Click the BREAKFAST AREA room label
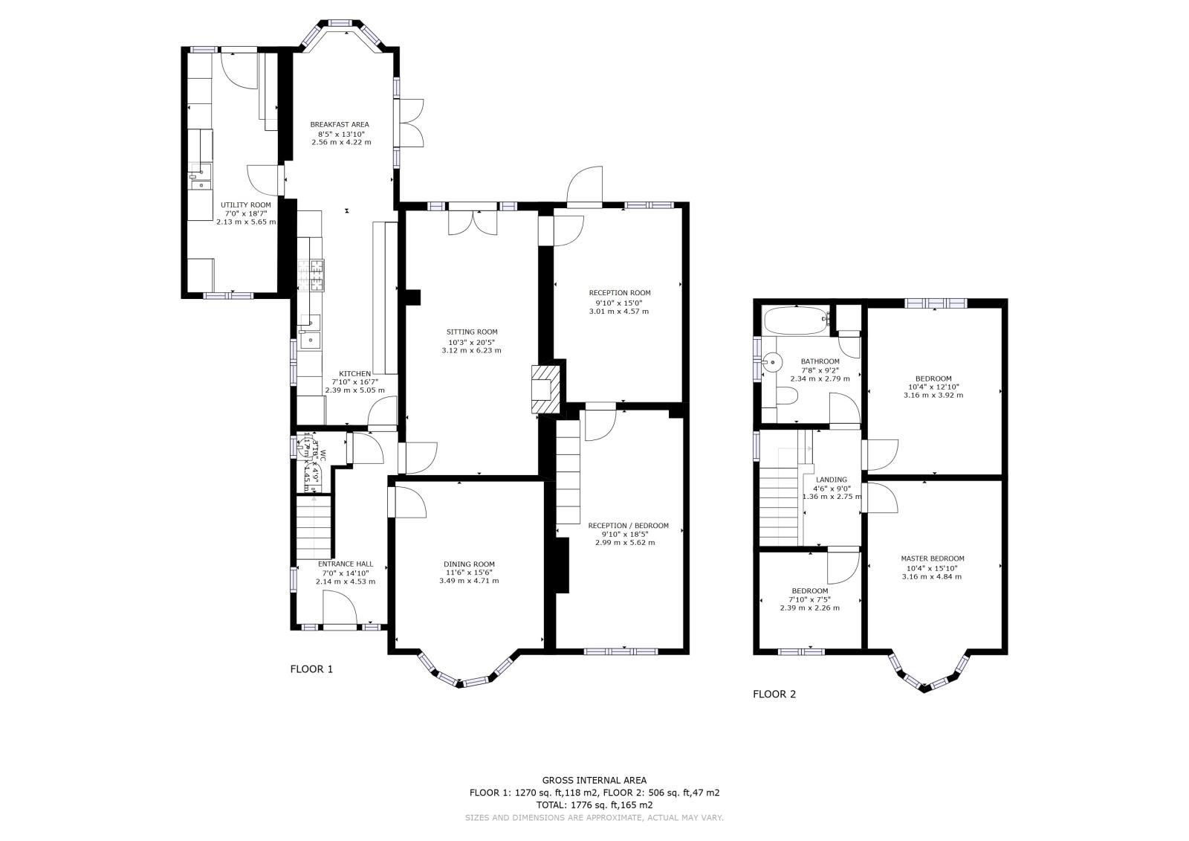click(x=339, y=124)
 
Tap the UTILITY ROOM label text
click(x=245, y=204)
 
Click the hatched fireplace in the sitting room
click(x=546, y=388)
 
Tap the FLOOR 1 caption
click(x=311, y=668)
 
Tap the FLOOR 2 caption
click(x=774, y=694)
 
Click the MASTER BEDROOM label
click(x=932, y=558)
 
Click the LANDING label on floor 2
click(x=831, y=480)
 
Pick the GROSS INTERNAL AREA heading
click(x=594, y=780)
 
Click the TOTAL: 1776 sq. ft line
click(x=594, y=804)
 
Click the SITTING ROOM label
click(x=471, y=332)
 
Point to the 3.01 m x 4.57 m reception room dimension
click(x=618, y=311)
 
